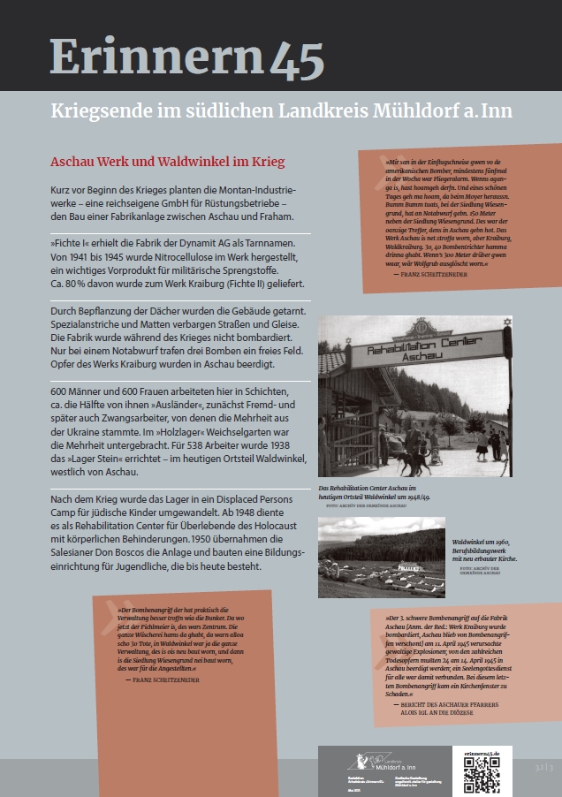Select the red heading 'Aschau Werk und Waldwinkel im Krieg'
(167, 163)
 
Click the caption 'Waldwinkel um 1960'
(482, 540)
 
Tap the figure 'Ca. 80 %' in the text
(67, 284)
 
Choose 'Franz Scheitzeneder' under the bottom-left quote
(167, 679)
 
